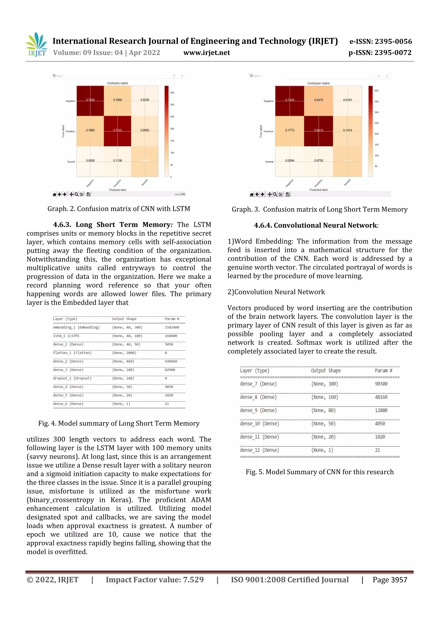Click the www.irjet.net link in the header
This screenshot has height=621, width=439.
click(207, 53)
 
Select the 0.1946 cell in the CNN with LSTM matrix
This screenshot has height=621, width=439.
click(117, 100)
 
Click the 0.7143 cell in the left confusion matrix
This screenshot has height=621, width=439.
click(117, 130)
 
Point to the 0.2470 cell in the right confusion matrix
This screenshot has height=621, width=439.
click(318, 100)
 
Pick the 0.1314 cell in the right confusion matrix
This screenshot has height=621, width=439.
click(347, 130)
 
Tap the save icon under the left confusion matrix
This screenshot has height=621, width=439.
click(89, 194)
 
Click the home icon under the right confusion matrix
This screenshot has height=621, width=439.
click(252, 194)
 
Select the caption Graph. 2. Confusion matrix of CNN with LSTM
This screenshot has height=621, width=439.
click(119, 209)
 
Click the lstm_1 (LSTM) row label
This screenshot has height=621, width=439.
click(66, 336)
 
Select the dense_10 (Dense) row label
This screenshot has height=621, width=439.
click(259, 424)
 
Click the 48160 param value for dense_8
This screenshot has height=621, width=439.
click(381, 397)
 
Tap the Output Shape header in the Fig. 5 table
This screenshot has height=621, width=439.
click(326, 371)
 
